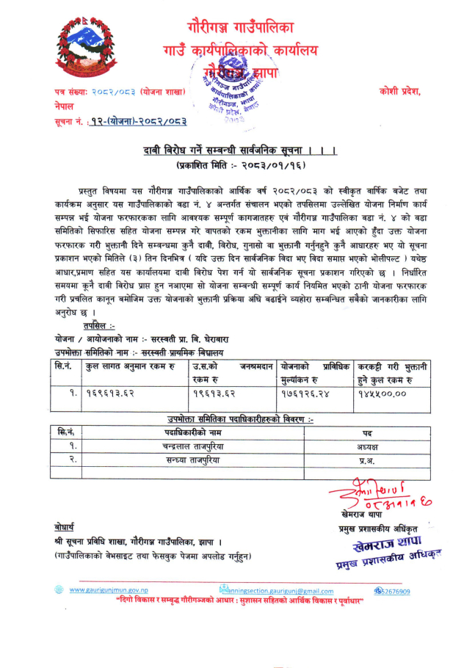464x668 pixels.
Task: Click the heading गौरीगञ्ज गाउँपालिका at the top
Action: point(240,28)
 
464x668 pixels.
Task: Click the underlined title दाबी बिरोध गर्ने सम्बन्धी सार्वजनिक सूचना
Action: point(239,151)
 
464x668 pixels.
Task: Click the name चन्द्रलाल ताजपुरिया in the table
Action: point(193,446)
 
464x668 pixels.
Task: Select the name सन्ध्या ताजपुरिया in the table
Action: point(193,459)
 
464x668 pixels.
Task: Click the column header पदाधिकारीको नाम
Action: point(193,432)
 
